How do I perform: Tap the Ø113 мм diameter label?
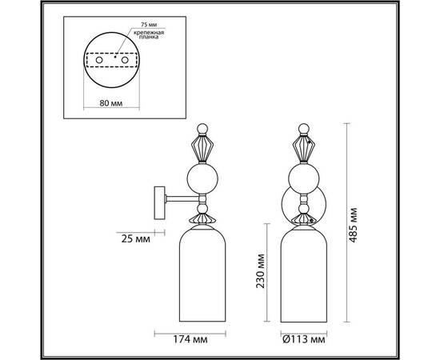pyautogui.click(x=306, y=339)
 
